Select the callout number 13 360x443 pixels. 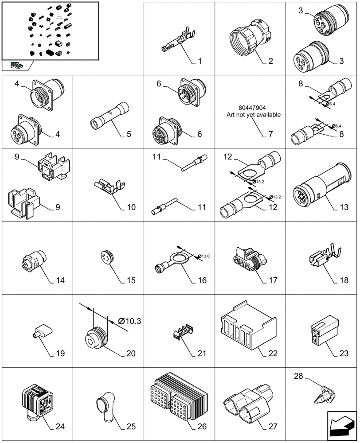[341, 207]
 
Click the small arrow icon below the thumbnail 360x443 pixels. [17, 66]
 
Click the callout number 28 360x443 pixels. [298, 377]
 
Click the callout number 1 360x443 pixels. [200, 61]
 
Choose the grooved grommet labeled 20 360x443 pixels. [96, 338]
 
